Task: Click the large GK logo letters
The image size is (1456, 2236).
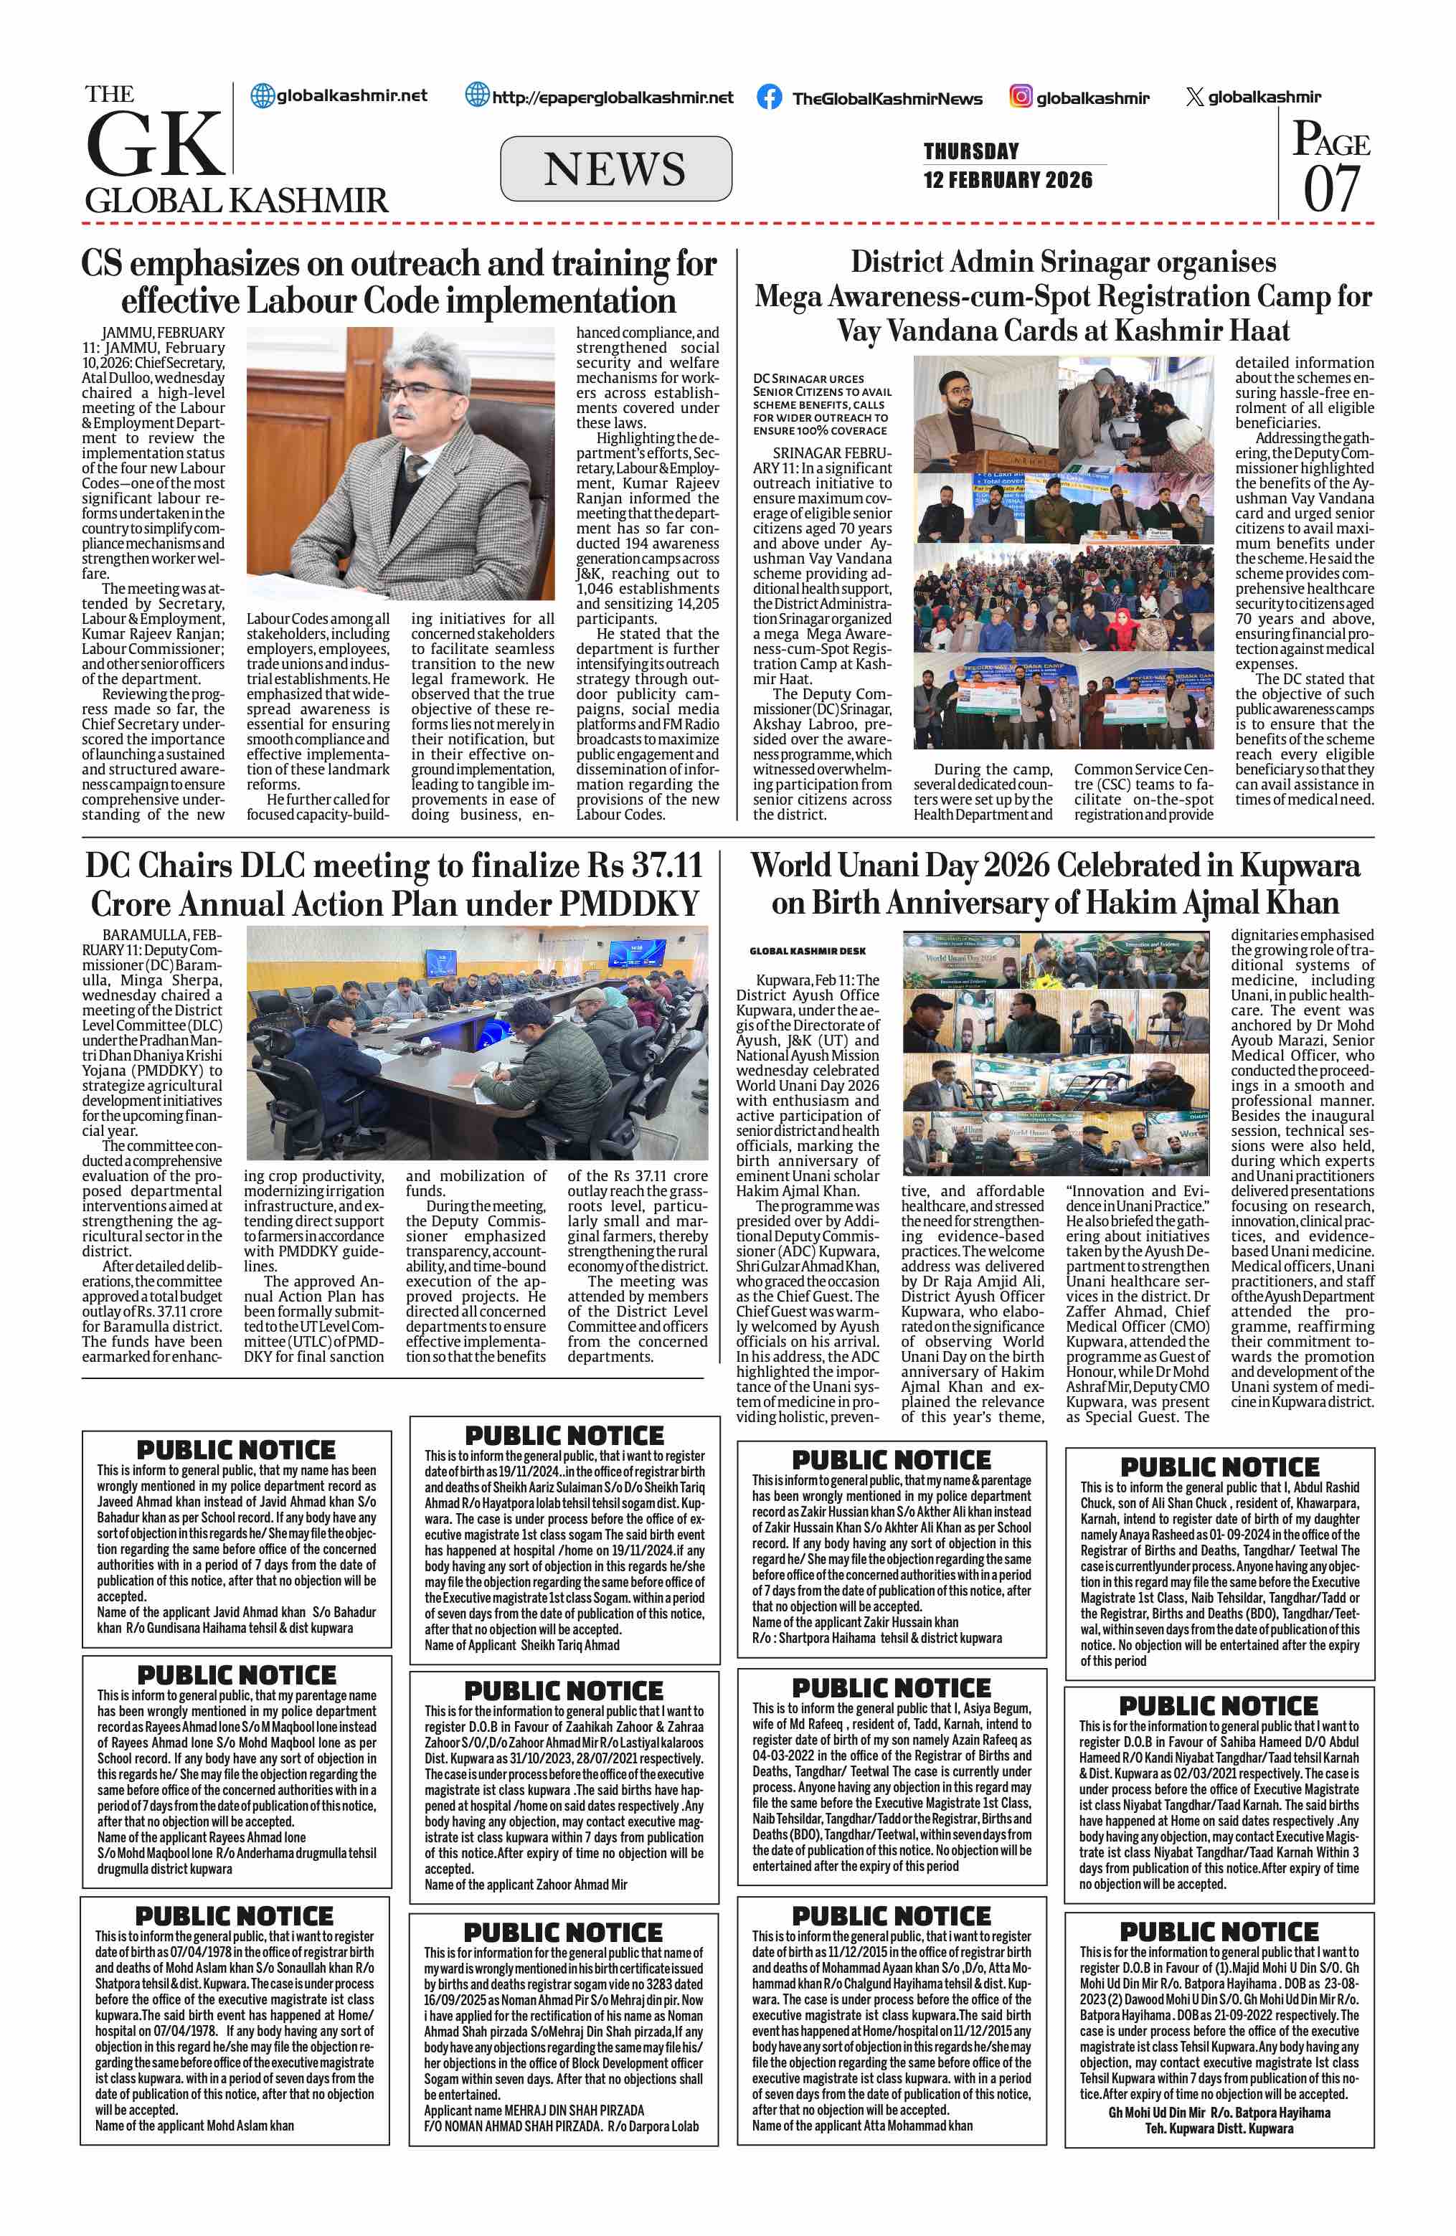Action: tap(155, 143)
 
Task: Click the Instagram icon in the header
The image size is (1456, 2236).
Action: tap(1021, 97)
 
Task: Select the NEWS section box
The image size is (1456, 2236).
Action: tap(615, 169)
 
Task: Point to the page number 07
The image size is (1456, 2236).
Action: tap(1331, 188)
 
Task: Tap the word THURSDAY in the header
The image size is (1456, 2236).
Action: tap(970, 151)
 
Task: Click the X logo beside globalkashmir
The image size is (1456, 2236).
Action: tap(1194, 97)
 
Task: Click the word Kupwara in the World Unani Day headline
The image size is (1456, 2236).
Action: tap(1298, 866)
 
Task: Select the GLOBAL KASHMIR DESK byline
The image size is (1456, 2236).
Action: tap(807, 952)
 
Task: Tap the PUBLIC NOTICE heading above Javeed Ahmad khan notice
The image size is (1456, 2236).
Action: tap(236, 1449)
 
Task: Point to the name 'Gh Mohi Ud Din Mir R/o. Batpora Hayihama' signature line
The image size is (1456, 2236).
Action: tap(1219, 2113)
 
